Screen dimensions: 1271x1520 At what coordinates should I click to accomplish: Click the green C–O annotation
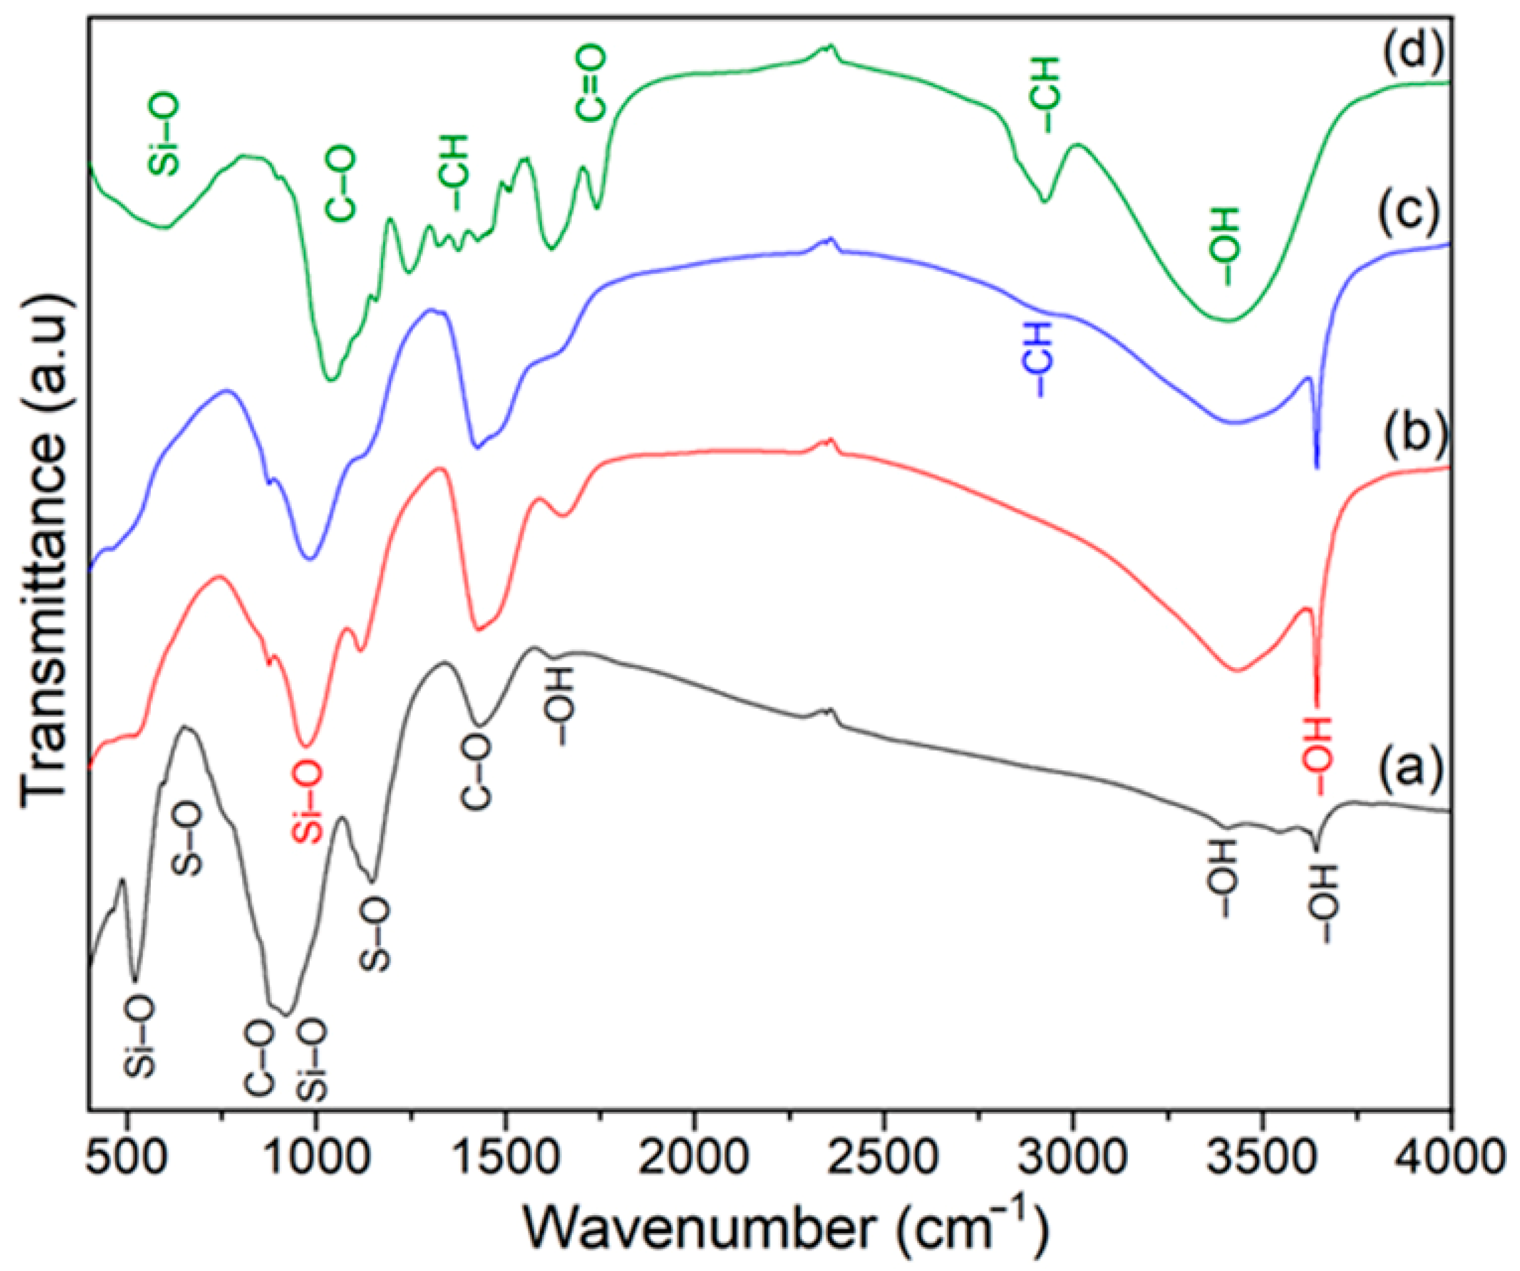pos(340,182)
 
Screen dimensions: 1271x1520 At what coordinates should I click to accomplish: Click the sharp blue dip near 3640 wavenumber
pos(1316,467)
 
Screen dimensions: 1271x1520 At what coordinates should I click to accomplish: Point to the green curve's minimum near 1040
pos(331,379)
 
